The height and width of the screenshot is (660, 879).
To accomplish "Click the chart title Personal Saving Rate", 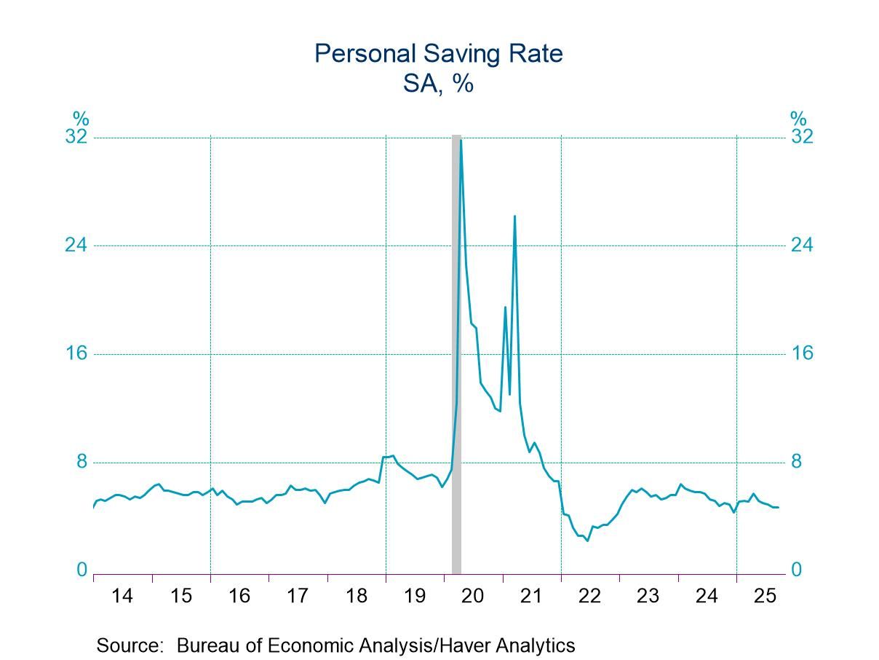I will tap(439, 53).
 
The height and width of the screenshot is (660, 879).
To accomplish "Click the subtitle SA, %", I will tap(439, 83).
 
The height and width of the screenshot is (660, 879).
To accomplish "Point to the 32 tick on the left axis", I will tap(76, 137).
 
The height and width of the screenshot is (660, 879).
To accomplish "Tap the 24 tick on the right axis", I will tap(802, 245).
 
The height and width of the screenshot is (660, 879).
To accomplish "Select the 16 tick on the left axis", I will tap(76, 353).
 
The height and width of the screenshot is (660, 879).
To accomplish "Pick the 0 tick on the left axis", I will tap(82, 570).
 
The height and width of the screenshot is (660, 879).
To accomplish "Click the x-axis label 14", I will tap(122, 596).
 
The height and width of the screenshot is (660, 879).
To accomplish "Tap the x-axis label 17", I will tap(298, 596).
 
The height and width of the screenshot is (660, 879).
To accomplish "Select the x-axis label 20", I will tap(473, 596).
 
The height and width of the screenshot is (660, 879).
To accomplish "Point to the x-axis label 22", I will tap(589, 596).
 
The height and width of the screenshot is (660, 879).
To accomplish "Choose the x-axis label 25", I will tap(765, 596).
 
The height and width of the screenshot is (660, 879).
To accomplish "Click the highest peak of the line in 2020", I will tap(461, 140).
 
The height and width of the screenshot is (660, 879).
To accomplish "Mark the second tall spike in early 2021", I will tap(514, 216).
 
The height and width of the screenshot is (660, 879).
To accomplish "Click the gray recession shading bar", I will tap(456, 364).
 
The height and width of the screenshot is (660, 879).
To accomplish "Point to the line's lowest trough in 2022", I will tap(587, 540).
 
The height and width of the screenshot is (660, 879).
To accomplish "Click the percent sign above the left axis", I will tap(80, 118).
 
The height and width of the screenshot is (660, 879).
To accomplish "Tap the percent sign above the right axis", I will tap(798, 118).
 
